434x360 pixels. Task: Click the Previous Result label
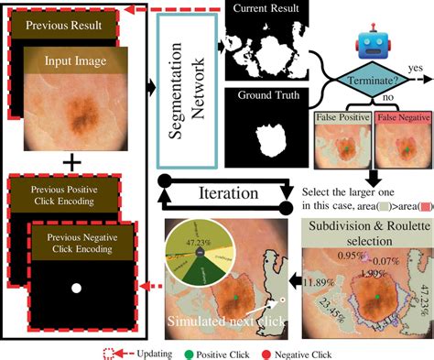pyautogui.click(x=62, y=26)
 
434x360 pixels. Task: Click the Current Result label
pyautogui.click(x=265, y=9)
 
